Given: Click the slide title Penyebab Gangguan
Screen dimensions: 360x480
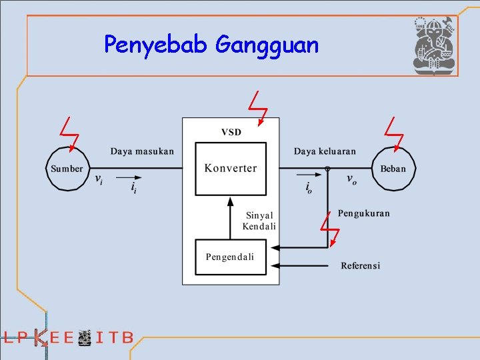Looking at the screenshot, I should coord(211,45).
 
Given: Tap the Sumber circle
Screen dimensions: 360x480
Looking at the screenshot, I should coord(67,169).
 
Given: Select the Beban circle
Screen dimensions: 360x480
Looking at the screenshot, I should coord(393,169).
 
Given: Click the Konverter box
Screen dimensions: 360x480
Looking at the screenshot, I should coord(230,168).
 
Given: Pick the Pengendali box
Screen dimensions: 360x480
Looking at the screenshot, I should coord(230,257).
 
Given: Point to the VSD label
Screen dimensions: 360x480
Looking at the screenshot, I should coord(231,131).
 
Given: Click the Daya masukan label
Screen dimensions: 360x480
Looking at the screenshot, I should coord(142,151).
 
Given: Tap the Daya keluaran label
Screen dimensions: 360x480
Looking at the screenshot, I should coord(325,151).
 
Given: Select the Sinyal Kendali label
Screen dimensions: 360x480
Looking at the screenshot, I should coord(259,221).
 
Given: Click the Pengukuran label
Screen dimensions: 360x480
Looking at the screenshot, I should coord(363,213).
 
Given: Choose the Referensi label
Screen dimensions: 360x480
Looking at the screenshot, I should coord(360,265).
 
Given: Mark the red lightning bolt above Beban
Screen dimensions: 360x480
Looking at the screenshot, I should coord(394,133).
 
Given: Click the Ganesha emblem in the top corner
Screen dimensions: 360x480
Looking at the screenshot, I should coord(433,45).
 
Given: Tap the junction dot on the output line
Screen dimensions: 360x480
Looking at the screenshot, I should coord(327,169).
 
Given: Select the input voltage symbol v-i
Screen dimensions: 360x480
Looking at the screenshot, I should coord(98,179).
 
